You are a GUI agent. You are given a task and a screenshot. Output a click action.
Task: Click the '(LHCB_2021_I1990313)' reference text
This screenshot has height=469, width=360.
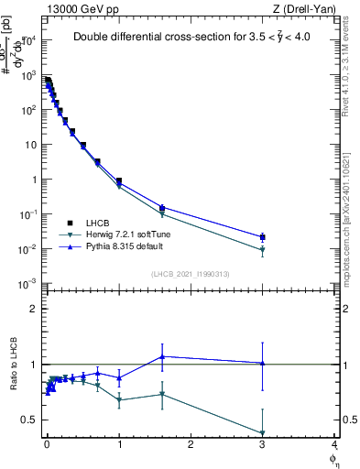(x=191, y=274)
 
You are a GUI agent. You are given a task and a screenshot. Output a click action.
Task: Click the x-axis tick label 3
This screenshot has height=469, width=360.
(x=262, y=446)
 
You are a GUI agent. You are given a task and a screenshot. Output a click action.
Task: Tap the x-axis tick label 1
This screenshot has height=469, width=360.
(x=119, y=446)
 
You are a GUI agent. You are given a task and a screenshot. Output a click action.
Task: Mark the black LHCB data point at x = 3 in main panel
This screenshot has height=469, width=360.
(x=263, y=237)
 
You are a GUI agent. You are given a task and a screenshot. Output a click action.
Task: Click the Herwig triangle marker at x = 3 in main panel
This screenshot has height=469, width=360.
(x=263, y=250)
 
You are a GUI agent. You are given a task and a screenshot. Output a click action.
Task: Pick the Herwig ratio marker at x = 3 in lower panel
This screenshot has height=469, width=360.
(x=263, y=433)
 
